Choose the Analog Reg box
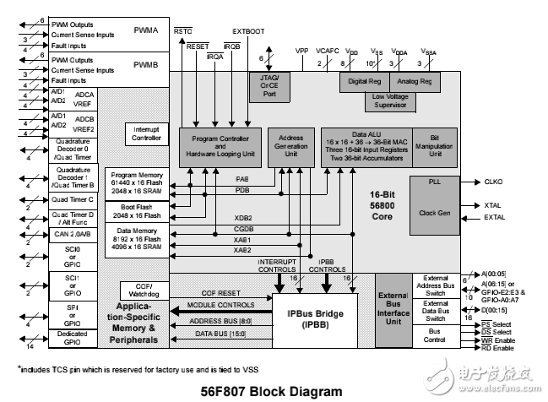click(x=415, y=82)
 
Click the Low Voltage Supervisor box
click(x=391, y=100)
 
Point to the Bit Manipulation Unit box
click(x=435, y=146)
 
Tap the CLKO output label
click(x=494, y=182)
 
